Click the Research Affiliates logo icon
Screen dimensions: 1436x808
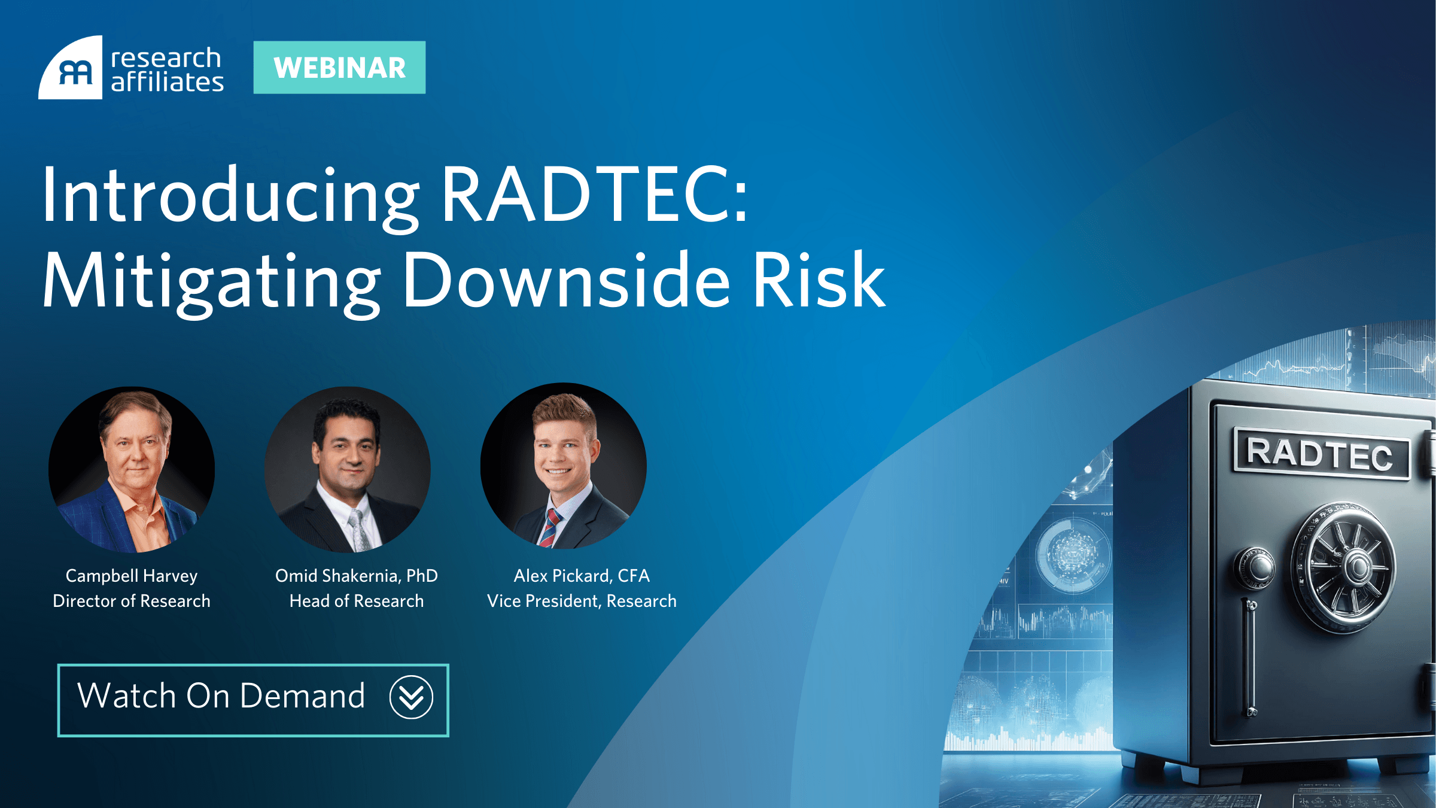(71, 68)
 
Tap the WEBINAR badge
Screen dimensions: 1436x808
(339, 68)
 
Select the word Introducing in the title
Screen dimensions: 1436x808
(231, 198)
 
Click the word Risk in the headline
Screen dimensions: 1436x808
(819, 280)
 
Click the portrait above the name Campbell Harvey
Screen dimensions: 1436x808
(132, 469)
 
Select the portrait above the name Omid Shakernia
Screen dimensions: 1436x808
(348, 469)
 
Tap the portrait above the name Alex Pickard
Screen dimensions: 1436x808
(563, 466)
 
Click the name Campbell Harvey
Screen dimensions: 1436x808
(132, 576)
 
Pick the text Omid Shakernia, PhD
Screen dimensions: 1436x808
(357, 576)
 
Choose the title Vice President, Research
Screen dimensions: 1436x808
(582, 601)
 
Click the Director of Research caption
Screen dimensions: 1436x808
(132, 601)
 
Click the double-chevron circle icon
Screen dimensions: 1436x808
(411, 697)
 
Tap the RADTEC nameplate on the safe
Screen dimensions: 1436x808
(1321, 453)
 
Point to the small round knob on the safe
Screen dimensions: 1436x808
(1254, 567)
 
